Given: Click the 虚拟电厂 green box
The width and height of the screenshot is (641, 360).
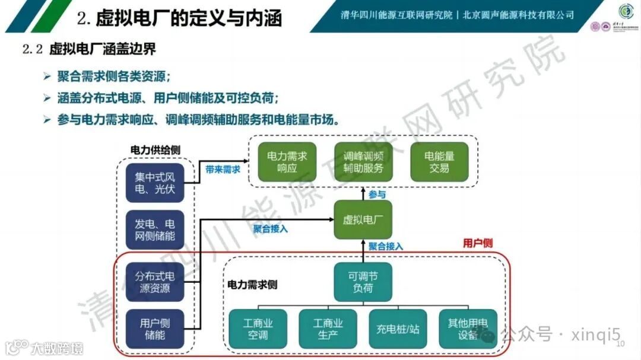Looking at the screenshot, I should point(363,219).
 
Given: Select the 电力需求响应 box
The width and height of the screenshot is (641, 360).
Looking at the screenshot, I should point(287,162).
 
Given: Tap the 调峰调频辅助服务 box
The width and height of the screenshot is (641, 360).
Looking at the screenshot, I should point(363,162).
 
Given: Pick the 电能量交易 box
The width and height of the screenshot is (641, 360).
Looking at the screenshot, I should point(439,162).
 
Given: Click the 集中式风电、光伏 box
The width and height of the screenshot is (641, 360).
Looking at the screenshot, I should point(155,183).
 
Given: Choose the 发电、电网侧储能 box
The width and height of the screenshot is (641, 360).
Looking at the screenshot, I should point(155,230).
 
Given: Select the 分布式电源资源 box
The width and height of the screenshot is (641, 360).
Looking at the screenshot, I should point(155,282).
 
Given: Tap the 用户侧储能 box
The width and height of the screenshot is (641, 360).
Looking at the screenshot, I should point(155,329).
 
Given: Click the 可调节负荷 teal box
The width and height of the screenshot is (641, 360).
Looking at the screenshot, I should point(363,281).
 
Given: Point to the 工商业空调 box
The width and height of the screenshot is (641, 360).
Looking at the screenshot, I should point(258,329).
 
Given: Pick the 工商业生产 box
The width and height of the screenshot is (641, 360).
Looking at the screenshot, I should point(328,329).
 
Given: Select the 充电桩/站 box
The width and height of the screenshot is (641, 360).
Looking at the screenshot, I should point(398,329).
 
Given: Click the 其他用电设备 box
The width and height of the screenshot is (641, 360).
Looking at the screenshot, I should point(468,329).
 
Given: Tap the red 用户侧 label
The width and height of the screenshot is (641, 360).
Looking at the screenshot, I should point(477,243).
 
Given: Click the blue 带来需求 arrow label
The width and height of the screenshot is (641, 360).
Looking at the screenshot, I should point(223,169).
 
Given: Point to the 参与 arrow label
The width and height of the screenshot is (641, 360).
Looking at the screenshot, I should point(377,194).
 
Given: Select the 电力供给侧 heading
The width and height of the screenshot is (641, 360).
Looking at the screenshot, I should point(155,150).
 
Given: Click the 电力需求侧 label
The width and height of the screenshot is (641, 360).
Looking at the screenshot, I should point(252,285).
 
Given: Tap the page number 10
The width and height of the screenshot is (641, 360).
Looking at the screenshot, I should point(621,344).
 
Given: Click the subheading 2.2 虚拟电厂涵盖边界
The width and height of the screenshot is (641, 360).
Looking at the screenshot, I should point(89,50).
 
